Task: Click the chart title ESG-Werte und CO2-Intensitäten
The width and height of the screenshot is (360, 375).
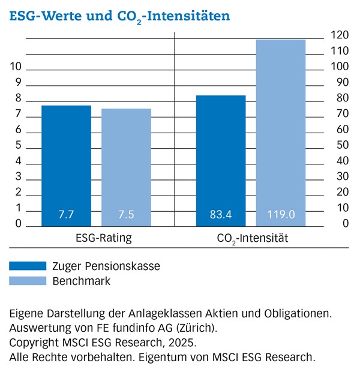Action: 119,16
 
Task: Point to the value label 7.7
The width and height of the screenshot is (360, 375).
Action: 66,214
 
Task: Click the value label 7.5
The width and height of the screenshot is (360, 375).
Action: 126,214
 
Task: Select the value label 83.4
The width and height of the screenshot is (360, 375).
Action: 221,214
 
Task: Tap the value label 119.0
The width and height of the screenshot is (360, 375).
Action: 281,214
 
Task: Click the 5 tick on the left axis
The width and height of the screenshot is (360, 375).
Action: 19,146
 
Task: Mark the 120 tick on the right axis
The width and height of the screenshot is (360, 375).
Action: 341,35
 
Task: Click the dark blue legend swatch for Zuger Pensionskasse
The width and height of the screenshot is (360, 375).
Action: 28,265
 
